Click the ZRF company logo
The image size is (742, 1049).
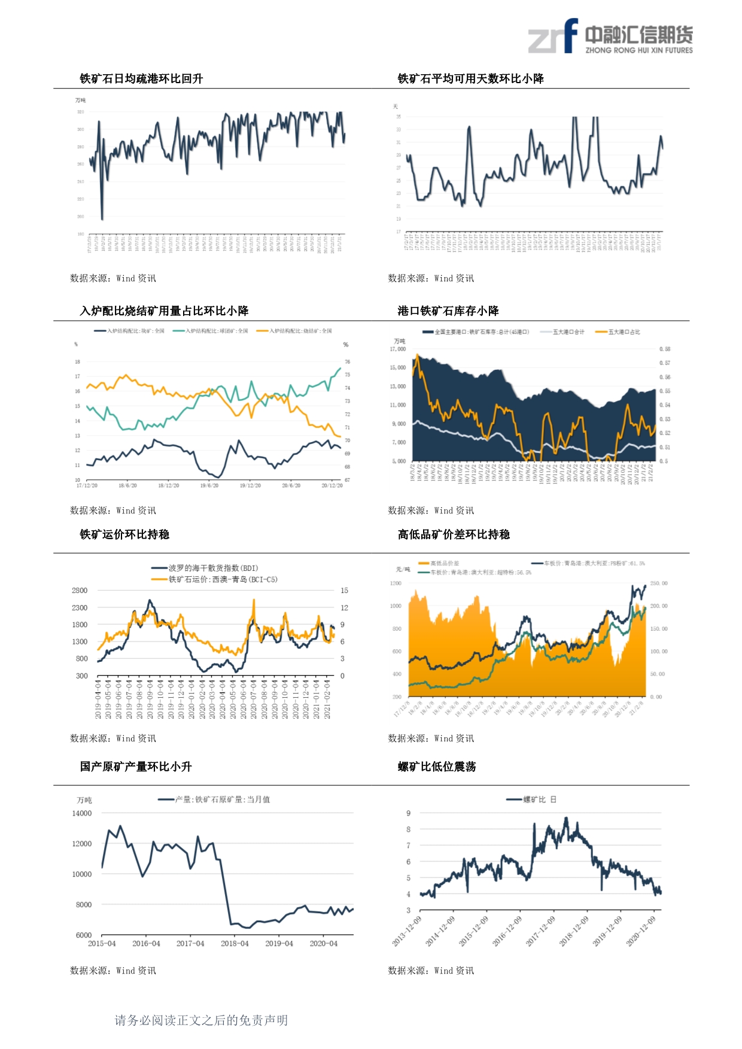[x=610, y=37]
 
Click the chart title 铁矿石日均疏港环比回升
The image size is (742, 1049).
[x=141, y=78]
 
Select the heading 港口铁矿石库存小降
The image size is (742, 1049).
[x=448, y=311]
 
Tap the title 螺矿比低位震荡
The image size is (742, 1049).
[x=437, y=767]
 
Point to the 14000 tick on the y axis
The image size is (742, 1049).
[x=82, y=813]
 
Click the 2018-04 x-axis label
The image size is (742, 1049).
[x=235, y=944]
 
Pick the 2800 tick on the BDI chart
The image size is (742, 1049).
[x=80, y=591]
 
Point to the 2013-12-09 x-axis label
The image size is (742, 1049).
[x=407, y=931]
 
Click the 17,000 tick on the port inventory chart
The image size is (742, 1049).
[x=398, y=349]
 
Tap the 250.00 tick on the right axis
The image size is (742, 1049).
[x=659, y=583]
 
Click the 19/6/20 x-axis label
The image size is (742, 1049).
[x=209, y=485]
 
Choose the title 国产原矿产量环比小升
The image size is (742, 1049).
[x=136, y=767]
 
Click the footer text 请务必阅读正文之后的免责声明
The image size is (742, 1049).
[x=201, y=1020]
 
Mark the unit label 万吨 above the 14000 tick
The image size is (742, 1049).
[x=84, y=800]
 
